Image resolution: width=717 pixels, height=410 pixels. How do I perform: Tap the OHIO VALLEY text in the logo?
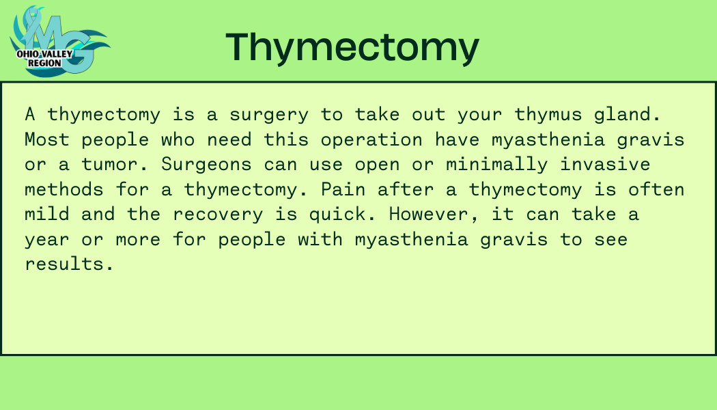pyautogui.click(x=44, y=54)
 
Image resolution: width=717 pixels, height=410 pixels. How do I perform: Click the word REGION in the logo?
pyautogui.click(x=44, y=63)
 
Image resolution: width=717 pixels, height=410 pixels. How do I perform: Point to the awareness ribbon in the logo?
pyautogui.click(x=32, y=23)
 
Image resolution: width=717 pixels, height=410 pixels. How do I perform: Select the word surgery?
pyautogui.click(x=269, y=115)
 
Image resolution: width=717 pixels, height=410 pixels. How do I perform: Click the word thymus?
pyautogui.click(x=548, y=115)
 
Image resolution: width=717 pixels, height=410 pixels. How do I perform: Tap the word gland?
pyautogui.click(x=628, y=114)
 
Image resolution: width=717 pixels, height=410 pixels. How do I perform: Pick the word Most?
pyautogui.click(x=47, y=139)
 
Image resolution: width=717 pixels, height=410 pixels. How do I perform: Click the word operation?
pyautogui.click(x=371, y=140)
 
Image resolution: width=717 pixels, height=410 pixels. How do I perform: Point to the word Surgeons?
pyautogui.click(x=206, y=165)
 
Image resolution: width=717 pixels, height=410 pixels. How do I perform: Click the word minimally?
pyautogui.click(x=497, y=165)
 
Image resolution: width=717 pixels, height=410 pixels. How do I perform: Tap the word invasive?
pyautogui.click(x=606, y=164)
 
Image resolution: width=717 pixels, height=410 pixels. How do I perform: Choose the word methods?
pyautogui.click(x=64, y=189)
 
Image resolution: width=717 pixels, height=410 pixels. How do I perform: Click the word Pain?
pyautogui.click(x=343, y=189)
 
